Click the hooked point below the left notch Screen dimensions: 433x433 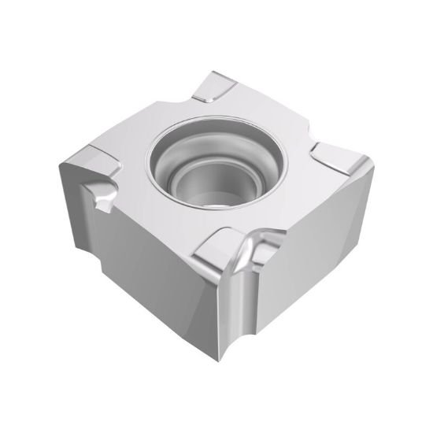(x=107, y=207)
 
